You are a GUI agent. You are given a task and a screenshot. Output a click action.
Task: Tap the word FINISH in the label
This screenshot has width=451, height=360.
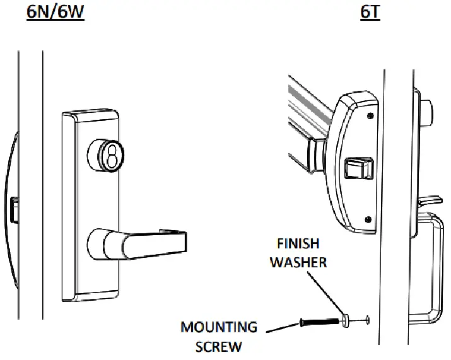[x=298, y=243]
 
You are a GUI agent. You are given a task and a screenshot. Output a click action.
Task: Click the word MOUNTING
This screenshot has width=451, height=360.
[x=218, y=327]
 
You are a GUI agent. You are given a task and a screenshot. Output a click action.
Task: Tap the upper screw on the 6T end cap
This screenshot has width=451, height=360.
[x=369, y=116]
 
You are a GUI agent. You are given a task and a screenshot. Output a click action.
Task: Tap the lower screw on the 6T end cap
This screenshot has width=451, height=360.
[x=368, y=219]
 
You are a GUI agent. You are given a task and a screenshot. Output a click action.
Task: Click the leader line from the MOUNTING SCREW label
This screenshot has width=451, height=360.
[x=280, y=328]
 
